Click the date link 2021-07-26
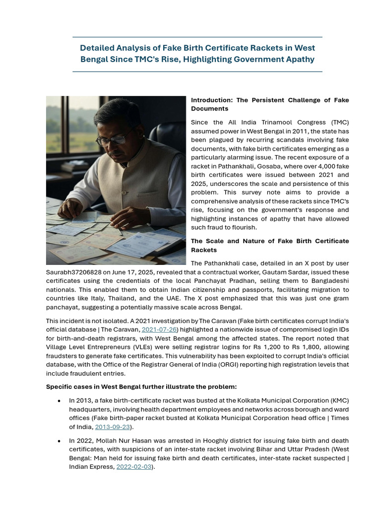pos(159,330)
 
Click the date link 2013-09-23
pos(112,427)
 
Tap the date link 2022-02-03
pos(133,467)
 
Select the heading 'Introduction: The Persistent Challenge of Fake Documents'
pos(269,104)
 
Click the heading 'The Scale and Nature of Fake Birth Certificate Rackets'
pos(269,246)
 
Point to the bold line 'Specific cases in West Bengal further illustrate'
pos(141,387)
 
